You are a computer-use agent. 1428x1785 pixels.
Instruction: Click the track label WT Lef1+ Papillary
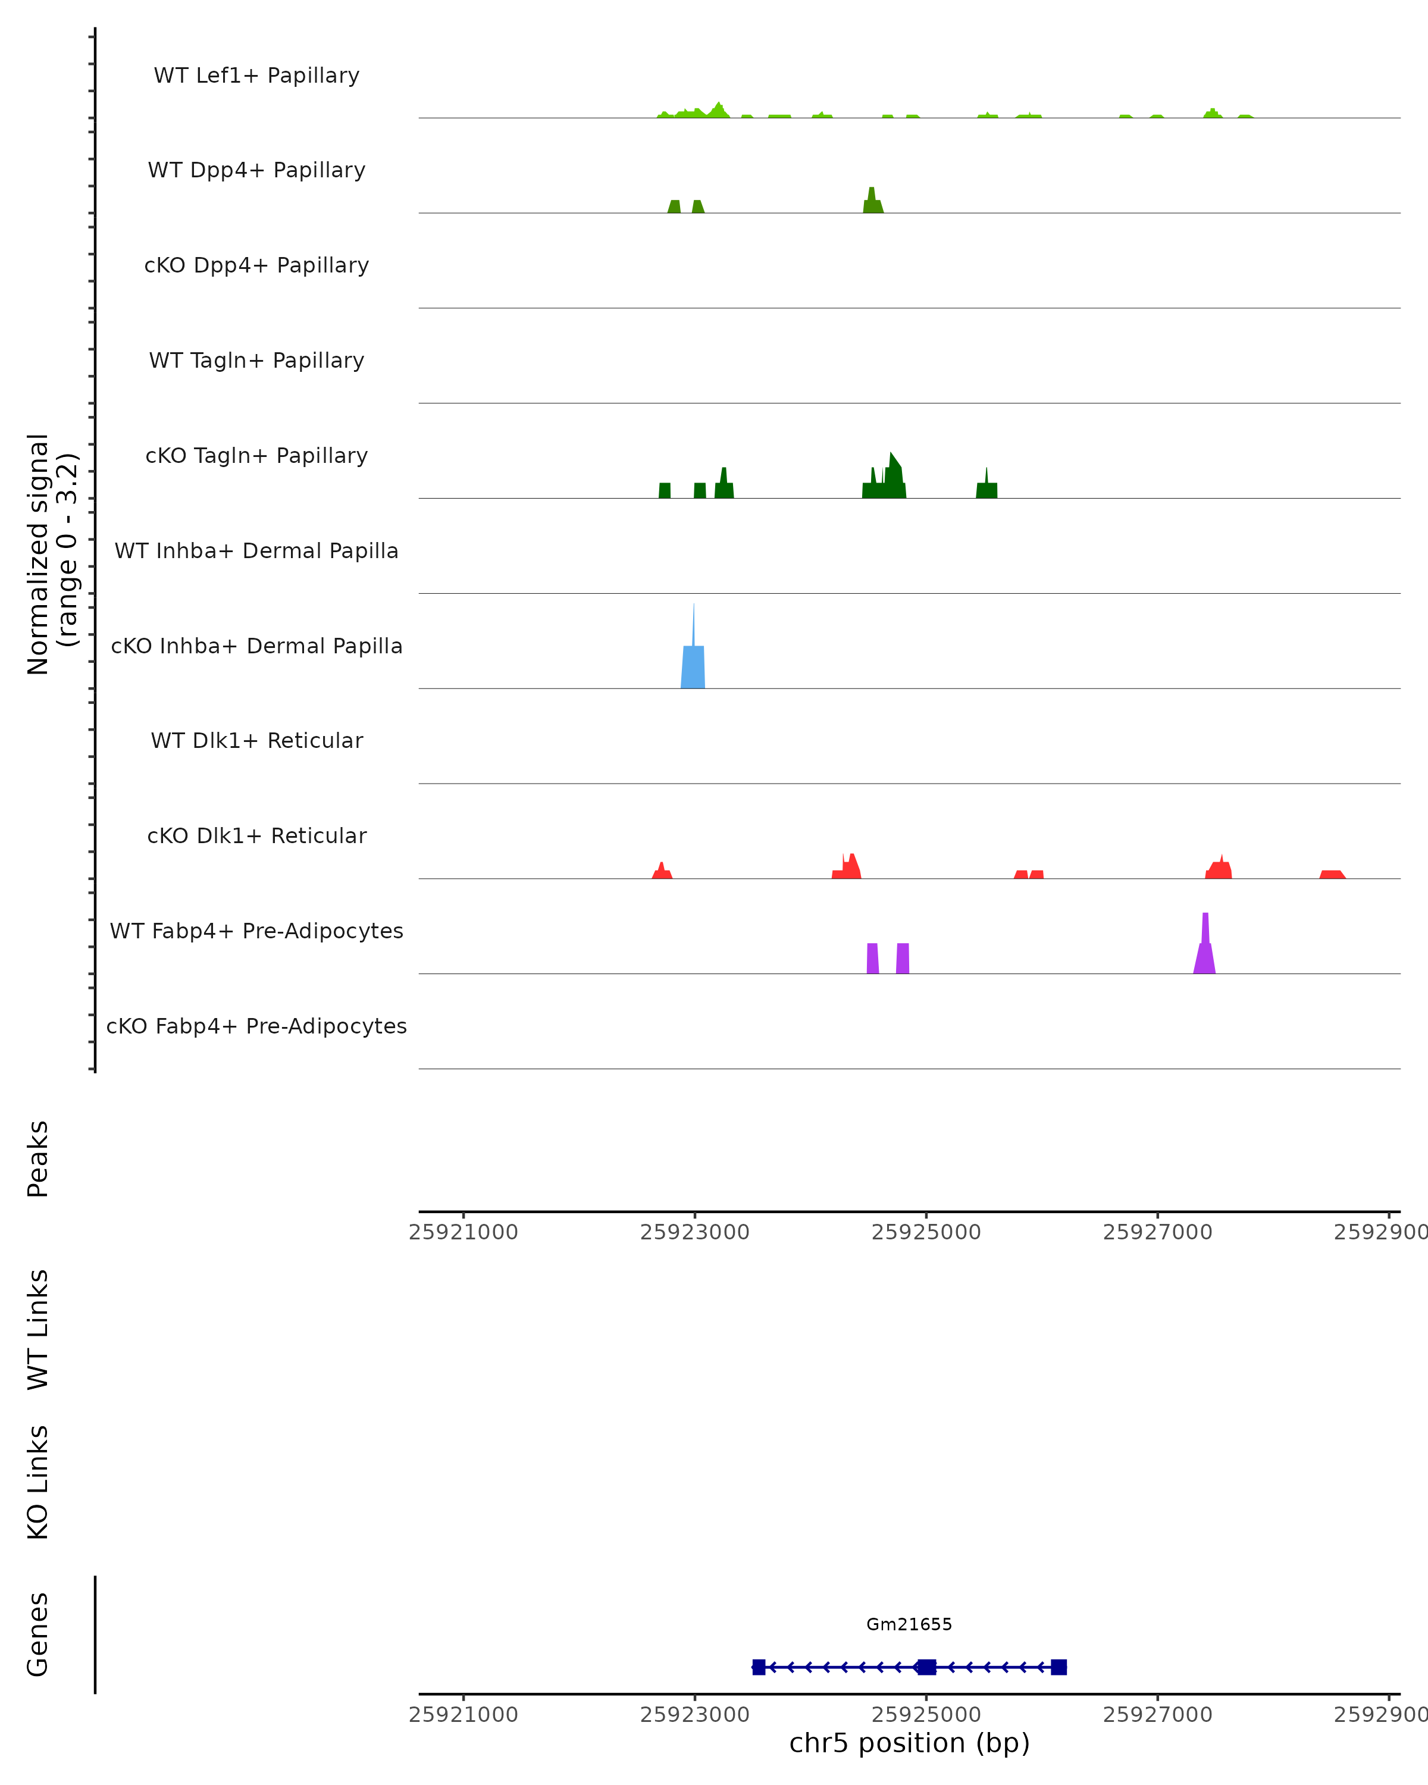click(256, 76)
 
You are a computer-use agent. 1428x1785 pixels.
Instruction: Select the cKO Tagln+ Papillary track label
click(256, 455)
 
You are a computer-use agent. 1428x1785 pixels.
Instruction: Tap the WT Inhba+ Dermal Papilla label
click(256, 550)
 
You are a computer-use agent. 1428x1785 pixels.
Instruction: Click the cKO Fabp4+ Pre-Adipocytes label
click(256, 1026)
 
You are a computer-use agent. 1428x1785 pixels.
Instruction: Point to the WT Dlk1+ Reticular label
click(256, 740)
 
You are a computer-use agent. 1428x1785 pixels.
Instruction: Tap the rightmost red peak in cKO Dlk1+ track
click(1332, 874)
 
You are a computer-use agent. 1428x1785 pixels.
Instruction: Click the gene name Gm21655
click(909, 1624)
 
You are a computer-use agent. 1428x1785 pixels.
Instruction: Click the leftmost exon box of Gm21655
click(758, 1667)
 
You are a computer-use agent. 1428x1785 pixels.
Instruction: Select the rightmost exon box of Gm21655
click(1059, 1667)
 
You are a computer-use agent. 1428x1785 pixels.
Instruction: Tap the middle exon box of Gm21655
click(927, 1667)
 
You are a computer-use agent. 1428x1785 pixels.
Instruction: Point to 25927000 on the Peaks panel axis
click(1157, 1232)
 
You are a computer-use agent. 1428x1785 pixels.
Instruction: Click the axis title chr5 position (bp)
click(909, 1743)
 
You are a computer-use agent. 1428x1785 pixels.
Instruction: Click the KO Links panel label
click(38, 1483)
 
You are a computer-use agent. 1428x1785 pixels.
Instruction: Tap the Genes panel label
click(38, 1634)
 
